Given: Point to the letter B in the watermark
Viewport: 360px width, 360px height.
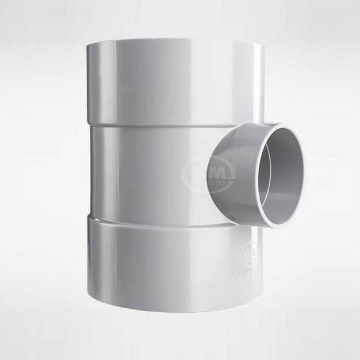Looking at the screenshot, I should pyautogui.click(x=193, y=170).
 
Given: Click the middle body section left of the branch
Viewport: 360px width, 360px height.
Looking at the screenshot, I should pyautogui.click(x=144, y=173).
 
